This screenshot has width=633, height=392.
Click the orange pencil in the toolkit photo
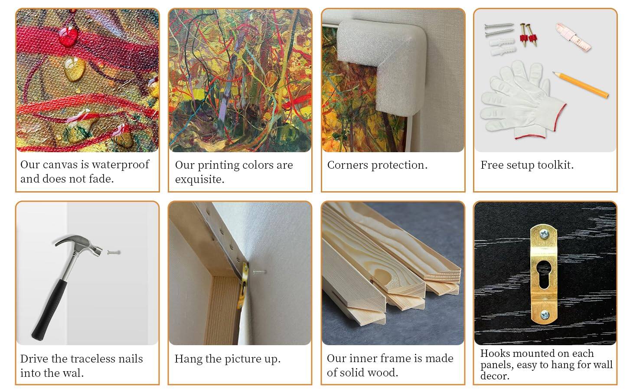tap(581, 85)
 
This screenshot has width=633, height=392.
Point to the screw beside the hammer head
tap(114, 252)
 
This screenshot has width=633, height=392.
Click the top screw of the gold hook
tap(545, 235)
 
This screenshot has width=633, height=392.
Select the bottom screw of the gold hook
tap(545, 314)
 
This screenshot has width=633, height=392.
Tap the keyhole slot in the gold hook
tap(545, 271)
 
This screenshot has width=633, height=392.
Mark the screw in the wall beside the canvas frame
tap(260, 272)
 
